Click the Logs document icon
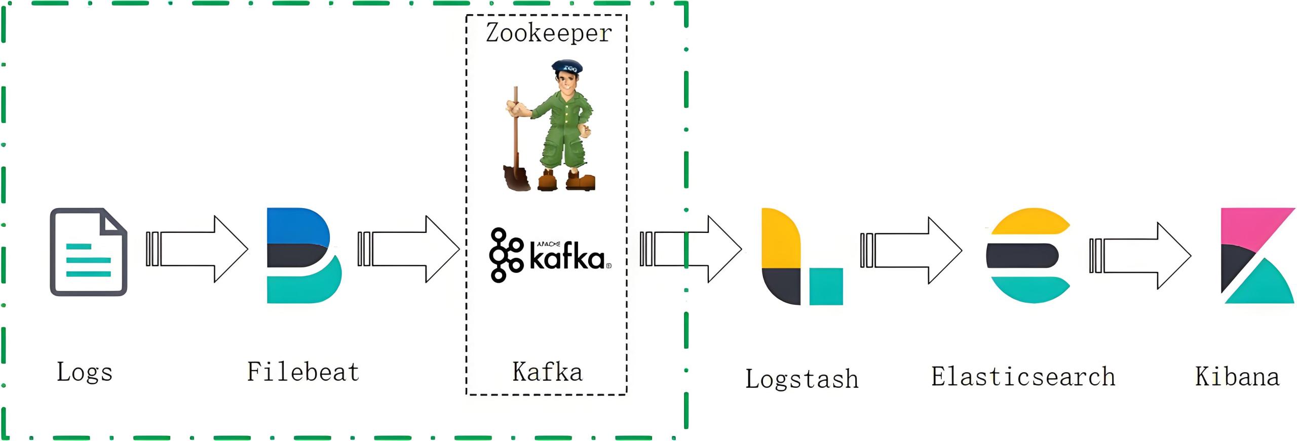coord(88,252)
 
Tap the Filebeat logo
coord(303,255)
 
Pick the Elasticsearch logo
coord(1028,255)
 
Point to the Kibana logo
coord(1256,255)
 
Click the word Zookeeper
coord(549,33)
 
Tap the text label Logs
coord(84,373)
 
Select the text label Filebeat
coord(303,372)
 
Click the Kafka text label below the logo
coord(547,372)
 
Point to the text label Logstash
coord(802,379)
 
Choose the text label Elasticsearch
coord(1023,377)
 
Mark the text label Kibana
coord(1237,377)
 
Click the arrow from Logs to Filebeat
coord(198,249)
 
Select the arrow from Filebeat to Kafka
coord(409,249)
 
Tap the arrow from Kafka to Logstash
coord(691,249)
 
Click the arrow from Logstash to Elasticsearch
coord(911,250)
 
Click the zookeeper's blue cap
coord(567,66)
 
